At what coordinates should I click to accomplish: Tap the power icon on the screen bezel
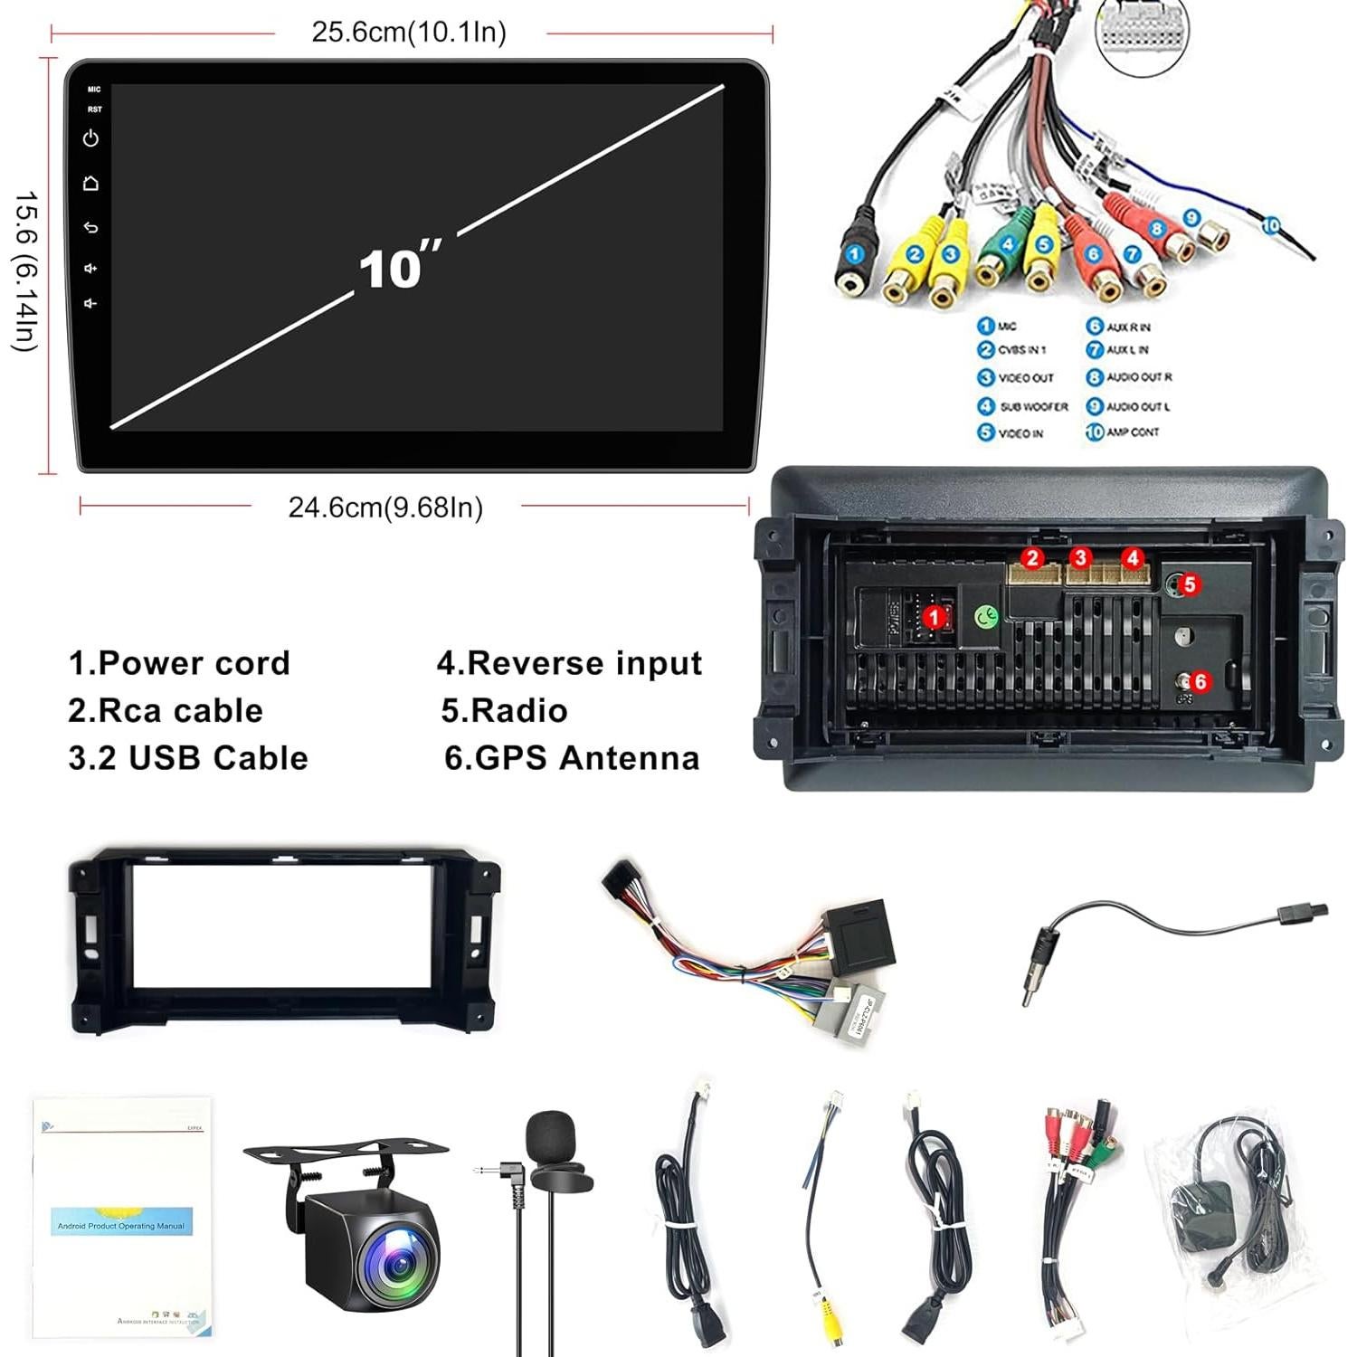click(90, 138)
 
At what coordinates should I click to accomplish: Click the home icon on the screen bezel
click(90, 184)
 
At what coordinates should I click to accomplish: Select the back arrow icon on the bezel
click(90, 227)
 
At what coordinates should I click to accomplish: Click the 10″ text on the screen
click(398, 268)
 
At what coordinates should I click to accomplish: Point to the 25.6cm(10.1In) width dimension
click(409, 33)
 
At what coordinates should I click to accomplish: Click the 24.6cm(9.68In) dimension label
click(385, 508)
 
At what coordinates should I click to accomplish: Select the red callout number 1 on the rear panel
click(934, 617)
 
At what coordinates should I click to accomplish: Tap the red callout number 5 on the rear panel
click(1190, 584)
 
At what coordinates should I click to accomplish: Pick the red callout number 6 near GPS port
click(1200, 681)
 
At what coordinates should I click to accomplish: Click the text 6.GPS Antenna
click(572, 758)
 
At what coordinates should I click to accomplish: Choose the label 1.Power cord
click(179, 663)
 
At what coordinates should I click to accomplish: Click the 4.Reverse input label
click(570, 663)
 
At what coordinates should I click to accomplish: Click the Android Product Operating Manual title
click(121, 1226)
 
